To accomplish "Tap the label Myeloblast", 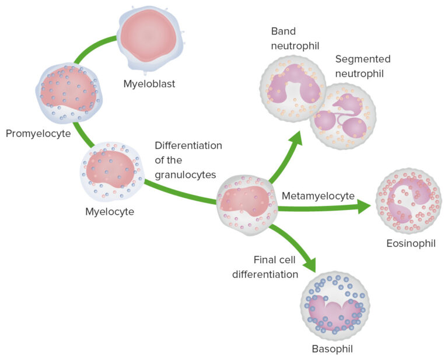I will click(x=149, y=84).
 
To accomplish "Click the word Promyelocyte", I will click(x=38, y=134).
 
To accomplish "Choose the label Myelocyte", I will click(x=110, y=211).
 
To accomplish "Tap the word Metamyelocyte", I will click(x=318, y=195).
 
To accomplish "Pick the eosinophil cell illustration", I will click(x=408, y=202).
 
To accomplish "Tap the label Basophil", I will click(x=332, y=349).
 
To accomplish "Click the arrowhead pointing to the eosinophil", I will click(x=363, y=206).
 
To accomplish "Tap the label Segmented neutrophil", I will click(x=362, y=67).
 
